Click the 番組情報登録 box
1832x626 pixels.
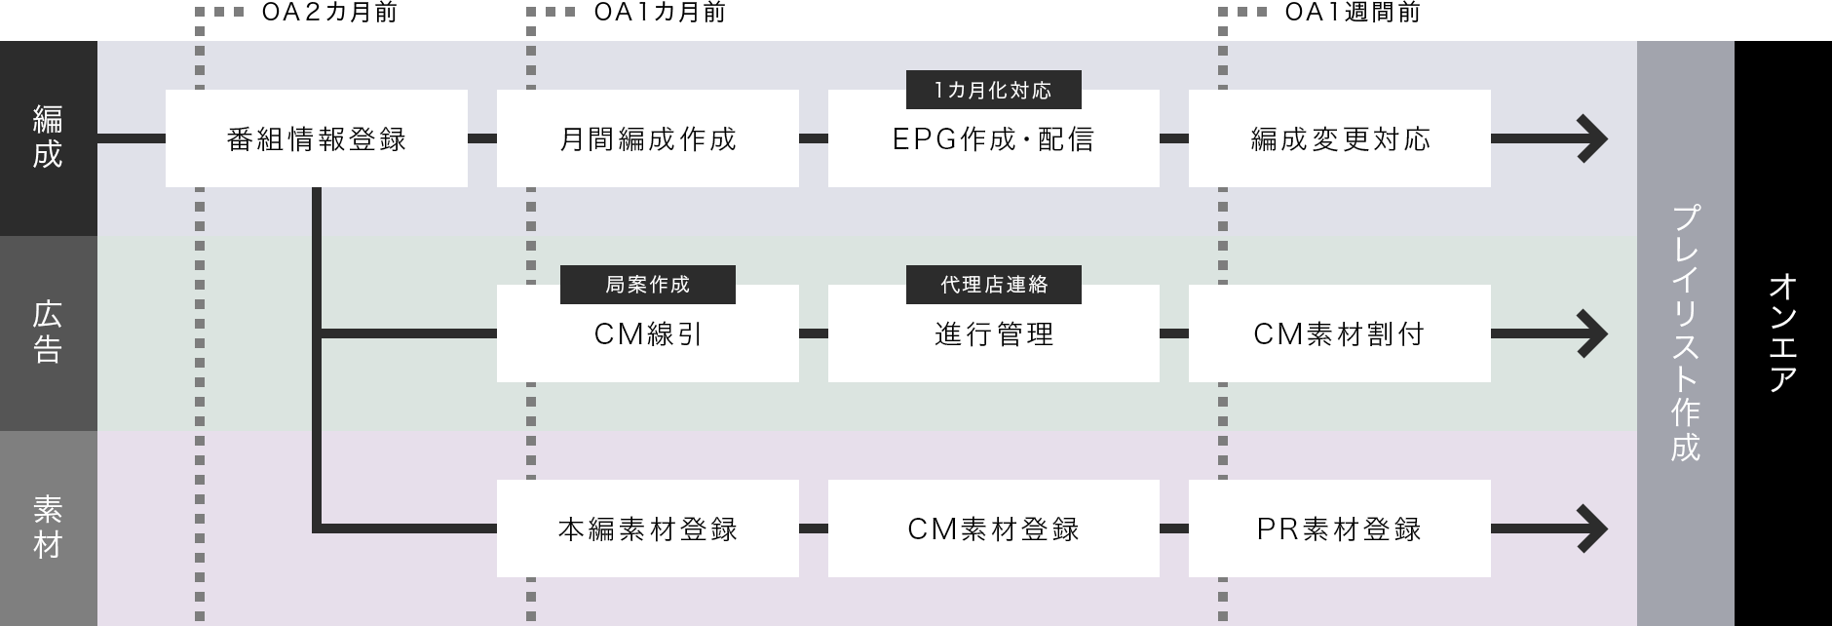coord(316,138)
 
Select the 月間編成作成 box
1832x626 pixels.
coord(647,138)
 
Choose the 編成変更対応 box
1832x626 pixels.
coord(1339,138)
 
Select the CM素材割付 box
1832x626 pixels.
coord(1339,333)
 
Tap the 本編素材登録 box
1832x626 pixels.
coord(647,528)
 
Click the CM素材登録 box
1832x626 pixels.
coord(993,528)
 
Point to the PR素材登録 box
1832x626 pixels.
coord(1339,528)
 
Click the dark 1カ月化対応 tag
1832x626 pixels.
coord(993,90)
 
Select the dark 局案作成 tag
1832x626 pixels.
coord(647,284)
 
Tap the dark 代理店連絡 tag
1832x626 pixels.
coord(993,284)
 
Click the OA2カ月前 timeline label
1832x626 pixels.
coord(329,13)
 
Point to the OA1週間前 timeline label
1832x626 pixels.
coord(1352,13)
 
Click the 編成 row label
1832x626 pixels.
coord(48,137)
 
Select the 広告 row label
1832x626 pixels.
coord(48,333)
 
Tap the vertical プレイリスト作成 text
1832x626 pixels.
coord(1685,333)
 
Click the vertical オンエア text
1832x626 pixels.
coord(1782,333)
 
